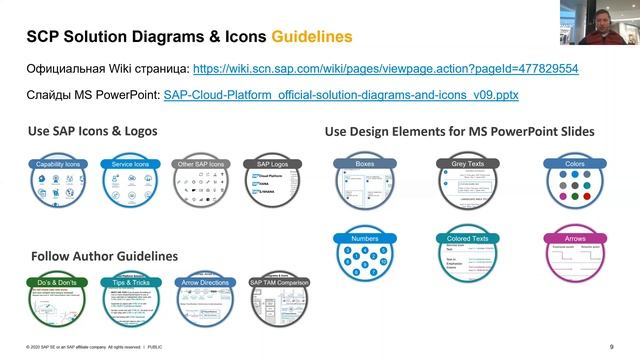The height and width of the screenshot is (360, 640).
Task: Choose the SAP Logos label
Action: click(271, 162)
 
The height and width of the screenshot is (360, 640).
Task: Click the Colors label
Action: click(569, 162)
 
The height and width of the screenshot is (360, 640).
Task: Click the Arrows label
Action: click(569, 240)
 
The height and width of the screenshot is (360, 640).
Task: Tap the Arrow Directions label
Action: click(204, 283)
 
